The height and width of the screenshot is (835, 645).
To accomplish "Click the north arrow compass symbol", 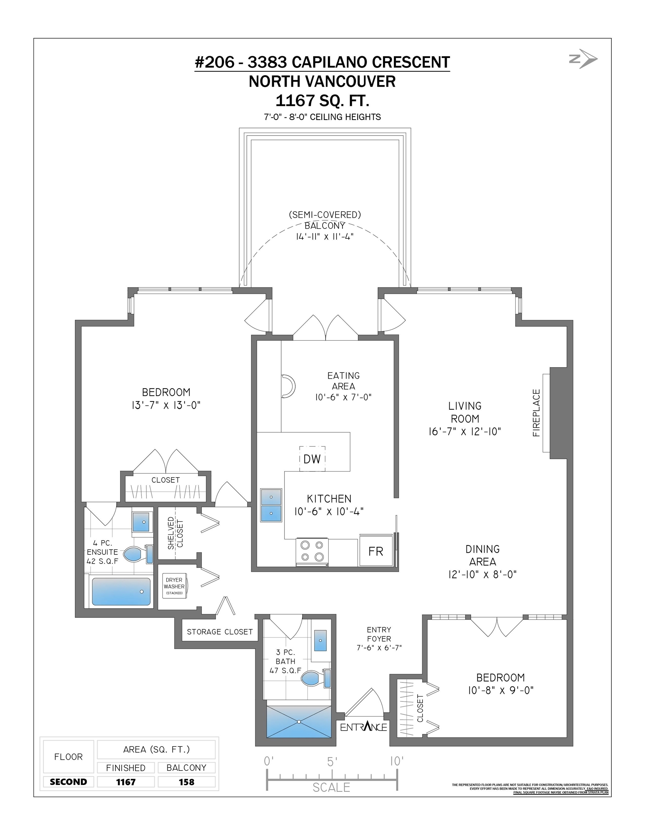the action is tap(583, 59).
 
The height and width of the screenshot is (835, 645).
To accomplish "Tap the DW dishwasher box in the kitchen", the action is tap(312, 459).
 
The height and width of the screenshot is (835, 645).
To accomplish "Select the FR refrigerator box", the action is tap(376, 551).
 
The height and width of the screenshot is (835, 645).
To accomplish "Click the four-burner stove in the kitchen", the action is tap(312, 551).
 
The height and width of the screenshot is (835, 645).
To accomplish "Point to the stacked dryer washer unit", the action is tap(174, 586).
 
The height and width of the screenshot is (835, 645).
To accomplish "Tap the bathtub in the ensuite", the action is tap(121, 591).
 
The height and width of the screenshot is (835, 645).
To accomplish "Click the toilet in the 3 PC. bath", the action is tap(316, 678).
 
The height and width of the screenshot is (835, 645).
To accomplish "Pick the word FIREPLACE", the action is tap(536, 413).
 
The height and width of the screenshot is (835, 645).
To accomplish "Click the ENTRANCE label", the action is tap(363, 726).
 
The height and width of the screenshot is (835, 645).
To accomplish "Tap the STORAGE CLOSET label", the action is tap(220, 632).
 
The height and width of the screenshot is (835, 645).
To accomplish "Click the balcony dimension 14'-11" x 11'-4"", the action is tap(325, 236).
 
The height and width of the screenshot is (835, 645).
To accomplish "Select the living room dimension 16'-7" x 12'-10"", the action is tap(465, 432).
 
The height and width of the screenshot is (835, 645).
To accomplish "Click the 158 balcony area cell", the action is tap(187, 782).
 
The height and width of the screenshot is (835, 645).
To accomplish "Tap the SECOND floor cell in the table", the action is tap(68, 782).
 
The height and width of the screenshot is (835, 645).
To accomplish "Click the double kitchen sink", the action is tap(271, 505).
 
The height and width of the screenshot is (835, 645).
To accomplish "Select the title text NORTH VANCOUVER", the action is tap(322, 82).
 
